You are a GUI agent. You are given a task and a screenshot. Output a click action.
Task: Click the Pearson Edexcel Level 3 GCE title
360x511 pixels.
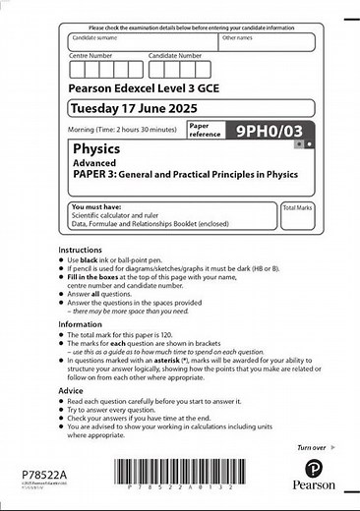145,86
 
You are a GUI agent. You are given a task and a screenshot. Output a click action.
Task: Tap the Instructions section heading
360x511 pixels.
81,250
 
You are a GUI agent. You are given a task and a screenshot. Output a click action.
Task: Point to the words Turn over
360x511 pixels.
312,447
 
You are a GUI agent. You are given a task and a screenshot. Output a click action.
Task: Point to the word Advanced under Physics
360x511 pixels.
91,164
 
